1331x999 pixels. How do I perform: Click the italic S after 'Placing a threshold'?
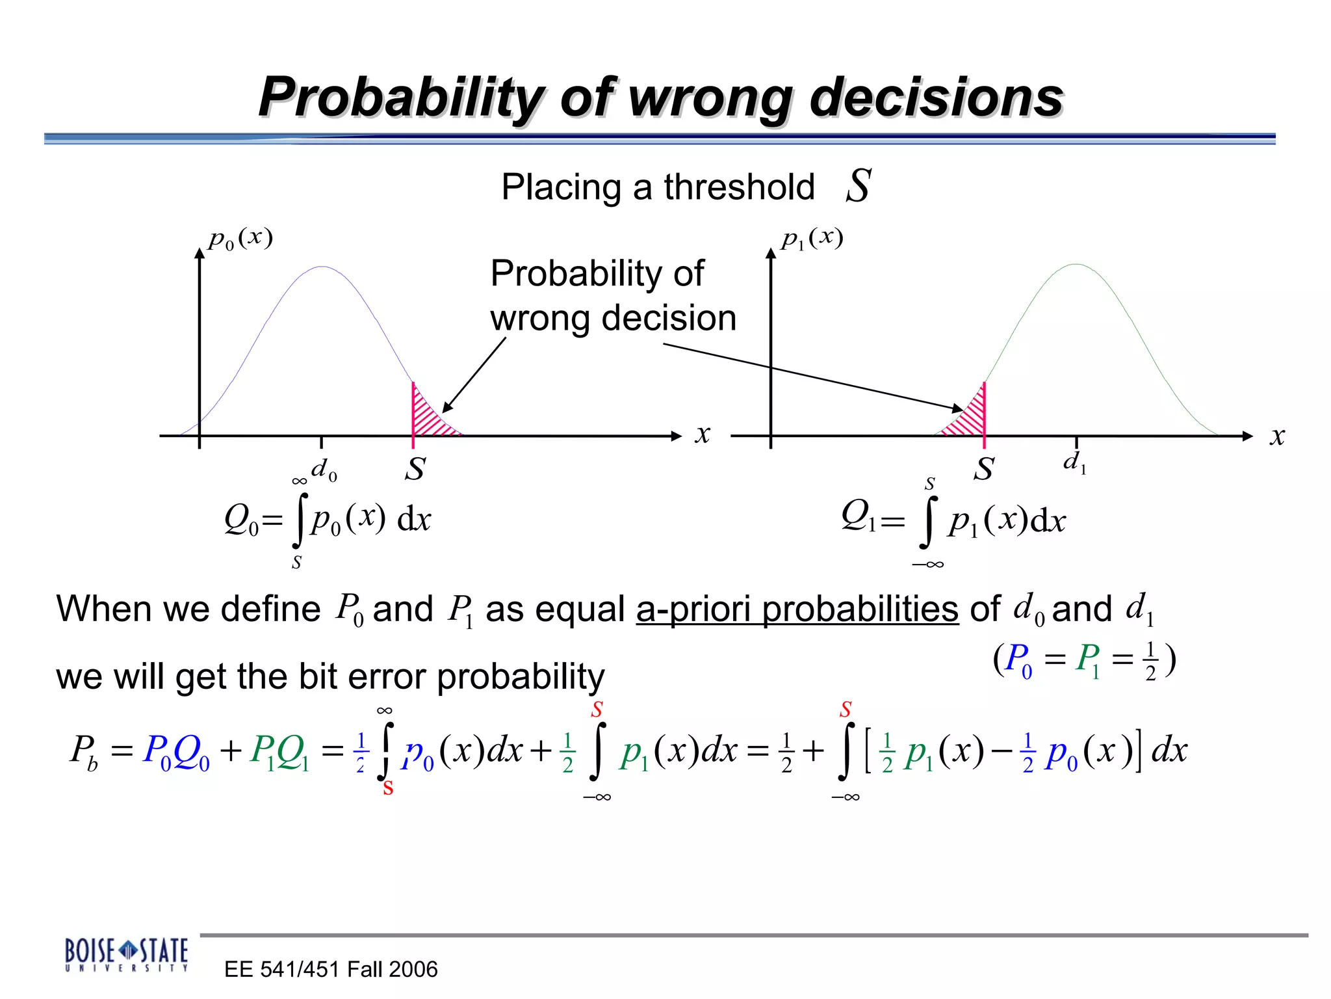[x=858, y=186]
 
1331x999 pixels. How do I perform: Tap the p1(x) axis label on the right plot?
[x=812, y=239]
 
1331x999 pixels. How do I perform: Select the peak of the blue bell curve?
[x=322, y=267]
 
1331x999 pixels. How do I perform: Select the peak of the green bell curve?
[x=1076, y=265]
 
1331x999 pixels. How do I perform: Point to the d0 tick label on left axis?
[x=324, y=470]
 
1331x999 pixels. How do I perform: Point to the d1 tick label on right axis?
[x=1074, y=462]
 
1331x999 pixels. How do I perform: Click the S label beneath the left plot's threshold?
[x=415, y=469]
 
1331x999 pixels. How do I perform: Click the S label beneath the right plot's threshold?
[x=983, y=469]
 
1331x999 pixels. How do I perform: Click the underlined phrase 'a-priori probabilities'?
[x=797, y=609]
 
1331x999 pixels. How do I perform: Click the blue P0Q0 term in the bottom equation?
[x=176, y=753]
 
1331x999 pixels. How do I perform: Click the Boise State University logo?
[x=126, y=954]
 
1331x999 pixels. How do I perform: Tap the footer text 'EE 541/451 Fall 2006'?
[x=331, y=969]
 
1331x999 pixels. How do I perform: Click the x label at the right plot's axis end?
[x=1277, y=436]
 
